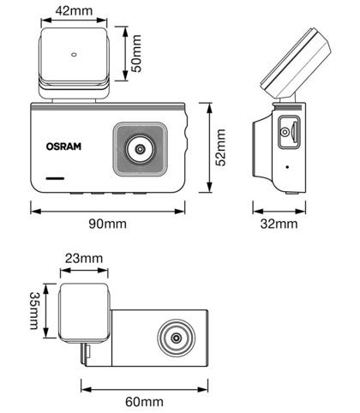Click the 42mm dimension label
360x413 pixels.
[74, 11]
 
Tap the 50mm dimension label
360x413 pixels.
[137, 53]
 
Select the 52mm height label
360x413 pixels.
[220, 147]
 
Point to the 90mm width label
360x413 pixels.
[107, 224]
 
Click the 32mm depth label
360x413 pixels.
[279, 224]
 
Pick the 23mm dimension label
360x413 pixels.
[84, 258]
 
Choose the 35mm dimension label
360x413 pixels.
[34, 310]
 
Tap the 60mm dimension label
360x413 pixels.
[145, 402]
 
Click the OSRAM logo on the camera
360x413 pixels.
[63, 147]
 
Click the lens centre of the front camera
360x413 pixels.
[140, 149]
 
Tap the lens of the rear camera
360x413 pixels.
[177, 338]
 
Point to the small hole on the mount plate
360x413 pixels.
[74, 55]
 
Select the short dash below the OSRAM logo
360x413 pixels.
[55, 178]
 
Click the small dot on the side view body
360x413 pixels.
[287, 167]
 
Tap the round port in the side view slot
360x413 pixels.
[285, 132]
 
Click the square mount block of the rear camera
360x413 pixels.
[84, 312]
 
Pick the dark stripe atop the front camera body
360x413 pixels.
[107, 107]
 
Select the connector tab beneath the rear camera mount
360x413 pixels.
[86, 354]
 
